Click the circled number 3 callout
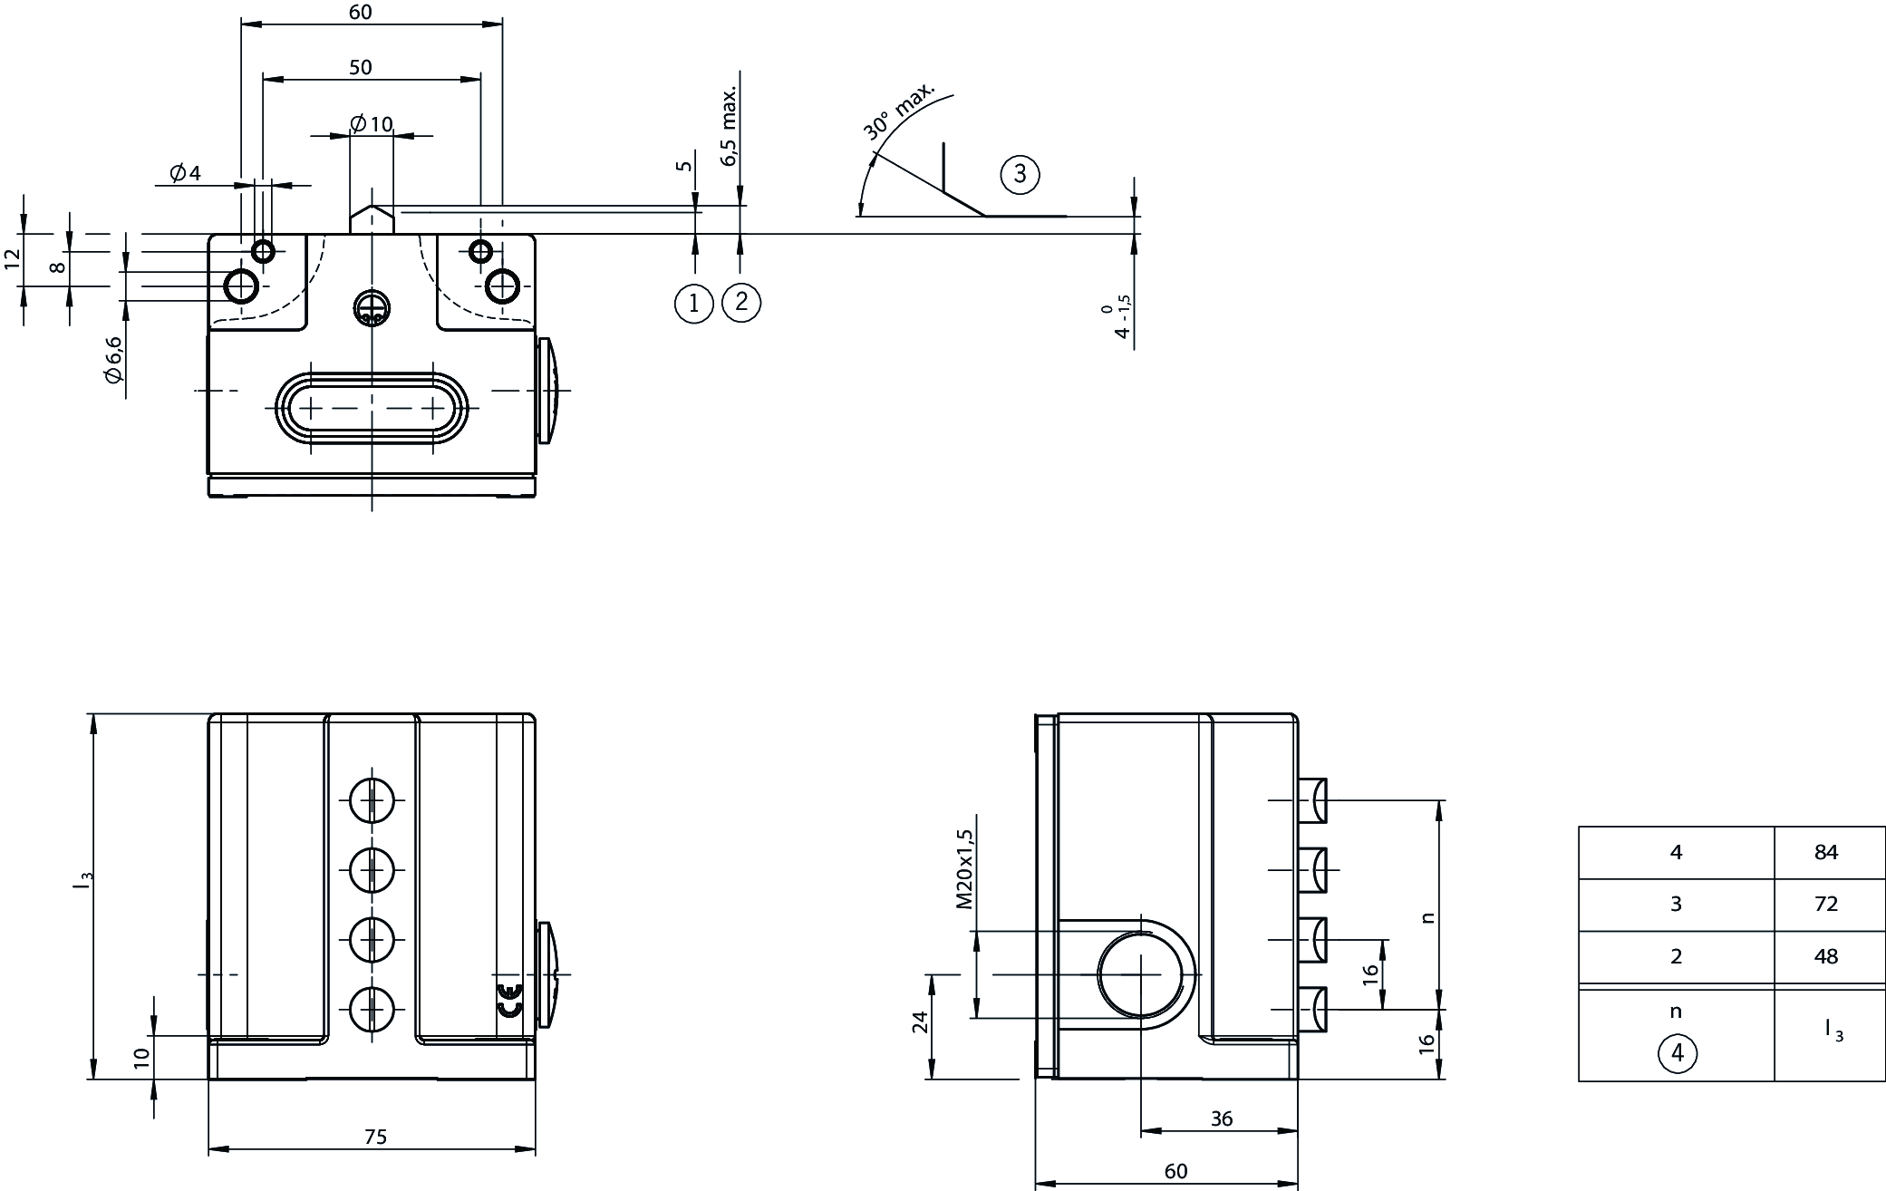[1020, 173]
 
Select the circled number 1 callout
[694, 303]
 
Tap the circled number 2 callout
[741, 302]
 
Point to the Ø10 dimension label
[372, 123]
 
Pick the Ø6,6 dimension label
[113, 360]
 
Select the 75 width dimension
[375, 1137]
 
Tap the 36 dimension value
[1222, 1118]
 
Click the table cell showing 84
[1826, 852]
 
